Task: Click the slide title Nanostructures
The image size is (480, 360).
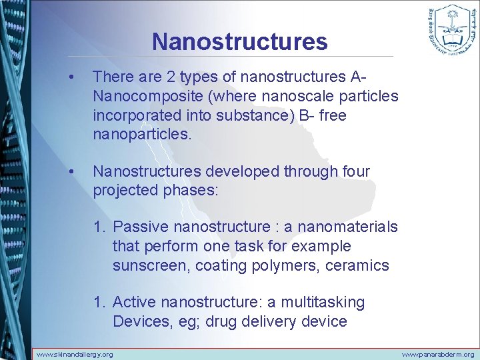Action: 239,41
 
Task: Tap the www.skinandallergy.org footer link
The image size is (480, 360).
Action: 74,354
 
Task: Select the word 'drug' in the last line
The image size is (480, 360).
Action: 221,322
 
